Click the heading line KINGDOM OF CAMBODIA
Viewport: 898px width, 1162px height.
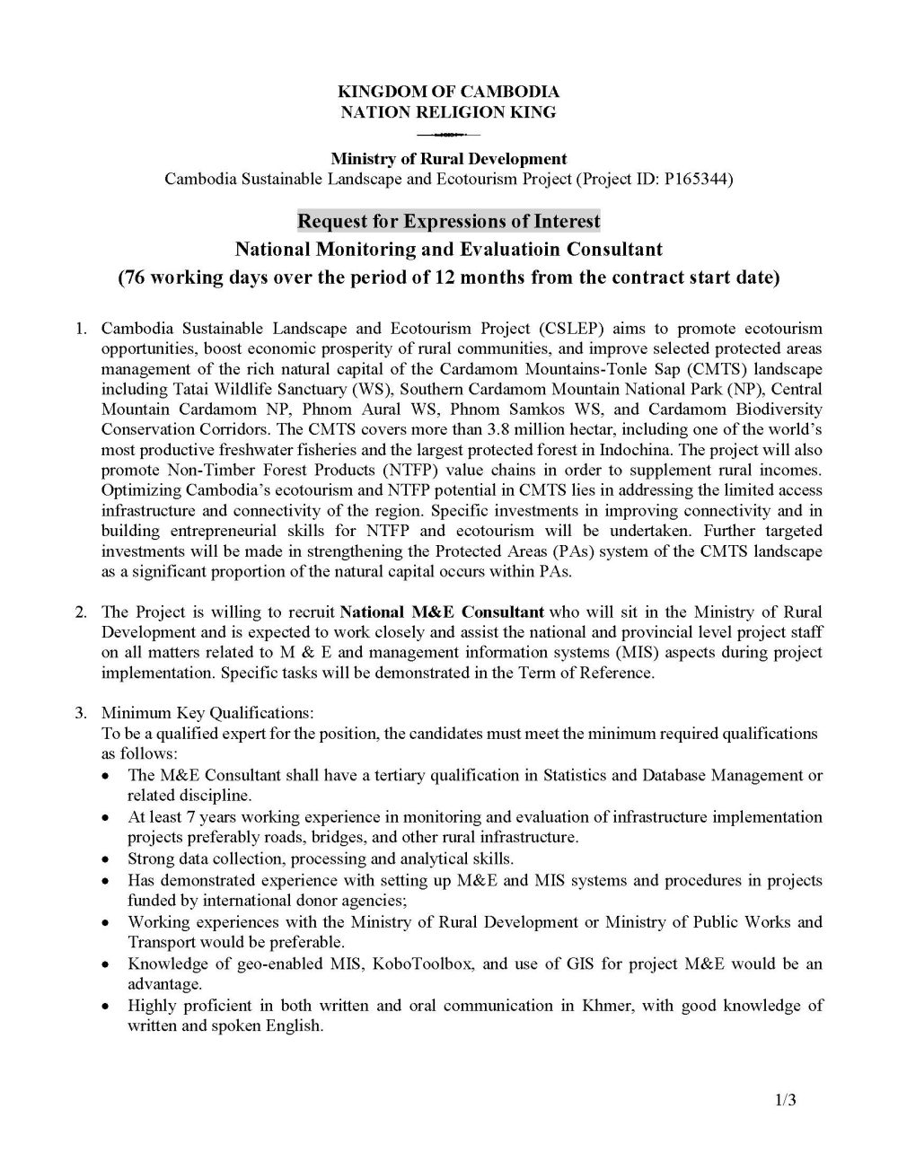pyautogui.click(x=448, y=92)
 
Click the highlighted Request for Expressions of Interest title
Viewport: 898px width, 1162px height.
pyautogui.click(x=448, y=221)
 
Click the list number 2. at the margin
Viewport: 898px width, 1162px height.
pyautogui.click(x=81, y=612)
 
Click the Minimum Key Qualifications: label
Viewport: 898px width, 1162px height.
pyautogui.click(x=207, y=713)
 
